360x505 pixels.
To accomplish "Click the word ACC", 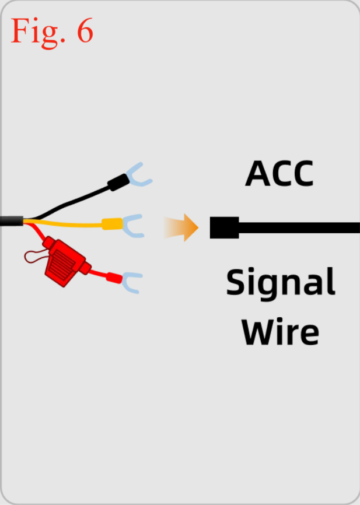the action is point(279,173).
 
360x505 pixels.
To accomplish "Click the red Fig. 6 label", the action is point(52,32).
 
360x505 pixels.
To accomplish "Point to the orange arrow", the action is point(181,227).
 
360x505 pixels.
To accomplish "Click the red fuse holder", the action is point(65,261).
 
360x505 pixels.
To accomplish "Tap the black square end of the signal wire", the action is point(224,227).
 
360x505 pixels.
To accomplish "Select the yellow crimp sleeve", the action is point(112,224).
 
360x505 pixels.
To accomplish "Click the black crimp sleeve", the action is point(118,183).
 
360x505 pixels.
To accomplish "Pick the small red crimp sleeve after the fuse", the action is point(114,278).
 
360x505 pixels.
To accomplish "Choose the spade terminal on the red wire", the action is point(131,282).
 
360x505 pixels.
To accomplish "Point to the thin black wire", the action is point(69,203).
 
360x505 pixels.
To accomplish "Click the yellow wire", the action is point(63,223).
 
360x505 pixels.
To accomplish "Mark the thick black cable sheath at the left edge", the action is point(12,221).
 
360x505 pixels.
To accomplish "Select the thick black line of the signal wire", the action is point(299,227).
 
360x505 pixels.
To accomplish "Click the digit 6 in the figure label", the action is point(85,30).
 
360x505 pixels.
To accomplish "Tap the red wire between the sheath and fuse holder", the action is point(36,232).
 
